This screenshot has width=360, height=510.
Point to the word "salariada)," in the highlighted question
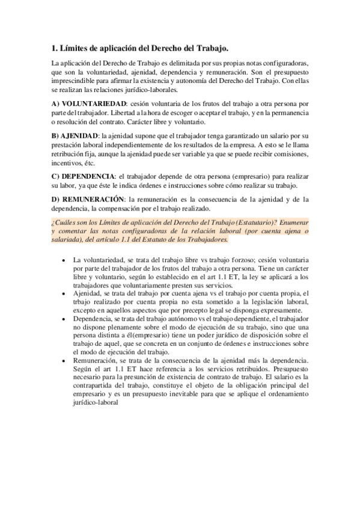(x=71, y=239)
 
